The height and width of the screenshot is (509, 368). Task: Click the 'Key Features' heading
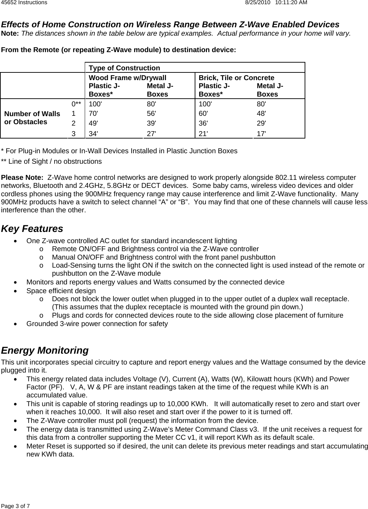pyautogui.click(x=32, y=229)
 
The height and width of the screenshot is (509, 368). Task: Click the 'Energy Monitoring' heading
pyautogui.click(x=45, y=350)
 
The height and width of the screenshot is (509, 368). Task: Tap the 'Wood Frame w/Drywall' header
pyautogui.click(x=127, y=78)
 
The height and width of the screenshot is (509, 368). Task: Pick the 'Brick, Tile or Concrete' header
pyautogui.click(x=236, y=78)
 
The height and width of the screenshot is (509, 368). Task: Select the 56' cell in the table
pyautogui.click(x=152, y=113)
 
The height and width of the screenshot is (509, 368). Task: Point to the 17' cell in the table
pyautogui.click(x=261, y=133)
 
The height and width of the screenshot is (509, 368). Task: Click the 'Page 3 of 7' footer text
pyautogui.click(x=15, y=506)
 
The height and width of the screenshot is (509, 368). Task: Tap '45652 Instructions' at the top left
pyautogui.click(x=24, y=3)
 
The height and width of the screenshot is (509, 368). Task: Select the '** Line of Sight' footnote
pyautogui.click(x=51, y=161)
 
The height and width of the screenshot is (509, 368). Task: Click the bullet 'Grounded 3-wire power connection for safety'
pyautogui.click(x=97, y=324)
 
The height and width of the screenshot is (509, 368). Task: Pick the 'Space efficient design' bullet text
pyautogui.click(x=61, y=291)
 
